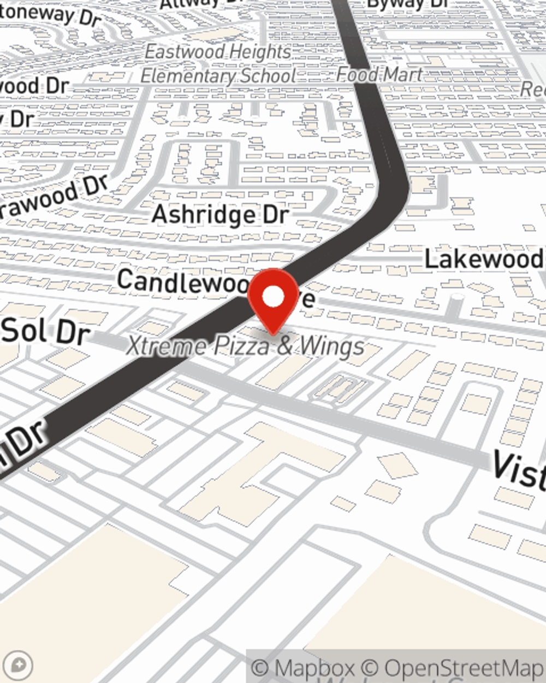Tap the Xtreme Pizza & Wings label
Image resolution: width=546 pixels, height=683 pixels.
(246, 346)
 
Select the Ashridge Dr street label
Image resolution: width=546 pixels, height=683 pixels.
(219, 214)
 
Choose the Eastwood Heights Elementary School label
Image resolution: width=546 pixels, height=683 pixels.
(218, 63)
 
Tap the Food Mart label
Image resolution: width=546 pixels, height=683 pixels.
(379, 74)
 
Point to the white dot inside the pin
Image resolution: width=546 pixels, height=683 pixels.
(273, 297)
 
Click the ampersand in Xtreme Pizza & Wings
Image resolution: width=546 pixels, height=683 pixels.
(285, 346)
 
